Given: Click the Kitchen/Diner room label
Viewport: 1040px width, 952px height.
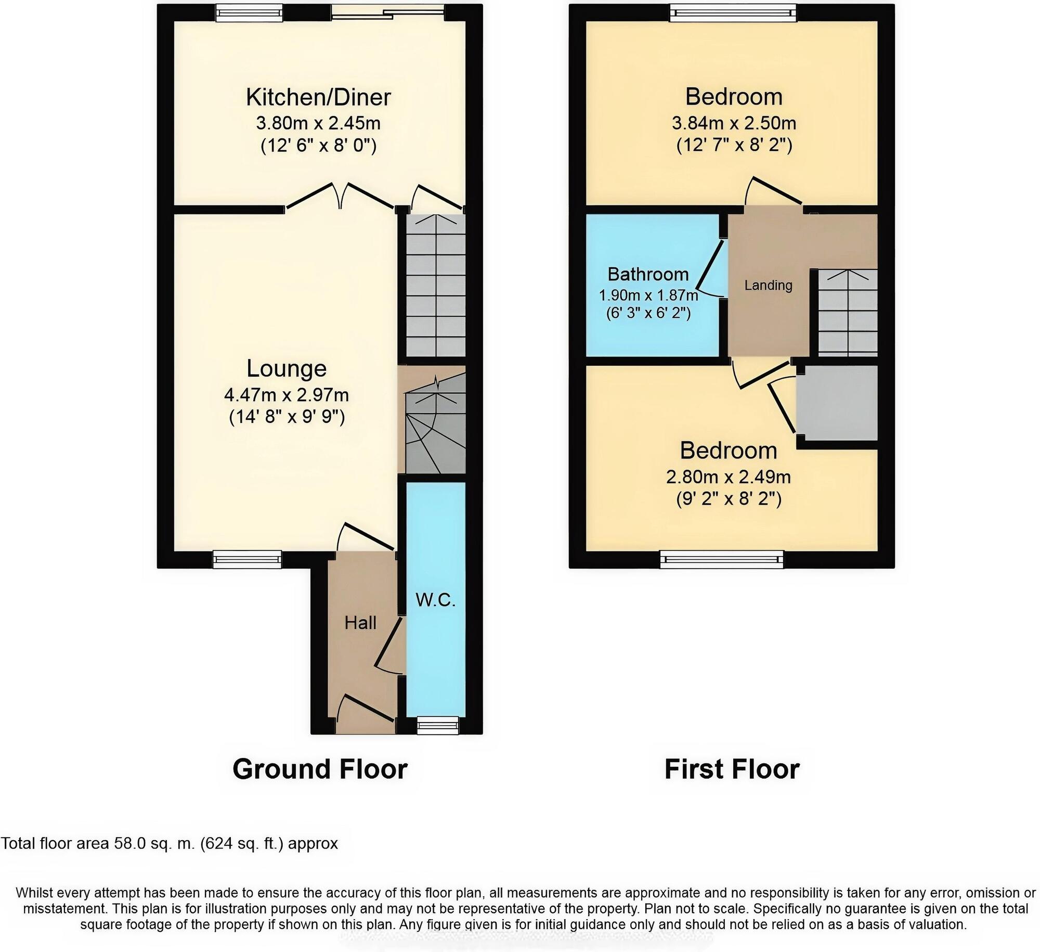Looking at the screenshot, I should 318,97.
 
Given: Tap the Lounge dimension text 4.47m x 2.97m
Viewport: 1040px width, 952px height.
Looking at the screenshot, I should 286,395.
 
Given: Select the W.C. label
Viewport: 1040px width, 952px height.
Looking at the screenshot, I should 436,601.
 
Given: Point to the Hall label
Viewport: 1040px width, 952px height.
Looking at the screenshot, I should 360,623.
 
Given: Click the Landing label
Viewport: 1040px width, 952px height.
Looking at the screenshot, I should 768,285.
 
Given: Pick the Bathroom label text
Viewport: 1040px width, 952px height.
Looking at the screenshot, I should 648,274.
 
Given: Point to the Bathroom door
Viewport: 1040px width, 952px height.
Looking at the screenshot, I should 710,268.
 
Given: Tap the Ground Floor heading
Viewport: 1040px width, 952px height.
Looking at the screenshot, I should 320,769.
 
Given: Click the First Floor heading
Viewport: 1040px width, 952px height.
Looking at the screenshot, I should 732,769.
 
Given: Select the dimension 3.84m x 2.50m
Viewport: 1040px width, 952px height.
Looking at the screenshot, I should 734,123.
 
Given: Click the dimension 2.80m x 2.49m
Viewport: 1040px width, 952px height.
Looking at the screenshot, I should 729,477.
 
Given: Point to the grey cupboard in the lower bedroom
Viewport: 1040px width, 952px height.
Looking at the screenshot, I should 837,403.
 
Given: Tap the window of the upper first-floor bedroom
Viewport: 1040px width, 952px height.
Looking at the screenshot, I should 733,13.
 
